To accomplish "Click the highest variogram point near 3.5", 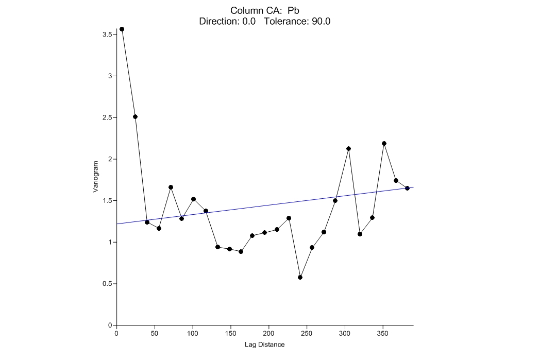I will pos(122,29).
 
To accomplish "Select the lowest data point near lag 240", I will pos(300,277).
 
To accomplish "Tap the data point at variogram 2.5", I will pos(135,116).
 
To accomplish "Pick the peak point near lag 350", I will pos(384,143).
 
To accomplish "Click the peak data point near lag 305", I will pos(348,148).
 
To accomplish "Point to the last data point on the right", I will pos(407,188).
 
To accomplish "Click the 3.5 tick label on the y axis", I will pos(107,35).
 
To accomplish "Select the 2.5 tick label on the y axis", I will pos(107,117).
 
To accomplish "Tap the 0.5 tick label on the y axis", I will pos(107,284).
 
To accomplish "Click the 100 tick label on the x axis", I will pos(193,333).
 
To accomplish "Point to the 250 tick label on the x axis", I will pos(307,333).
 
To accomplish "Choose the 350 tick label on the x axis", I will pos(382,333).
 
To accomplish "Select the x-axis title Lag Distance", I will pos(264,345).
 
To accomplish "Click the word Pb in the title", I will pos(293,11).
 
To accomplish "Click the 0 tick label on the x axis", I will pos(117,333).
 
